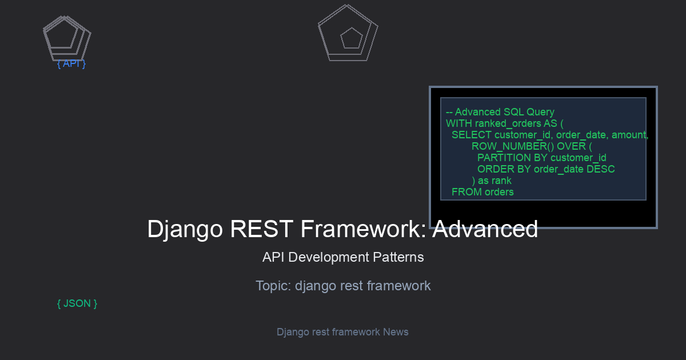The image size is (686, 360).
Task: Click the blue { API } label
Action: [71, 63]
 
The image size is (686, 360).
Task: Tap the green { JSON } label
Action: [77, 303]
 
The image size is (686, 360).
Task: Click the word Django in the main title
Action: [185, 229]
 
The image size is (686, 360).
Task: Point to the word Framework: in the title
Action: [363, 229]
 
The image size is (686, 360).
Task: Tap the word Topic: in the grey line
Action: [273, 286]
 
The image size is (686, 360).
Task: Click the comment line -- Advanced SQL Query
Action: [500, 112]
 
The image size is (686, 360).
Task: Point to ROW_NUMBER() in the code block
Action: [513, 146]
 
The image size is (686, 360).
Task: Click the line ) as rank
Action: [492, 181]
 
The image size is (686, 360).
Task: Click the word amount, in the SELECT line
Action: [630, 135]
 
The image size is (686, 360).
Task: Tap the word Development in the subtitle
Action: [329, 257]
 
